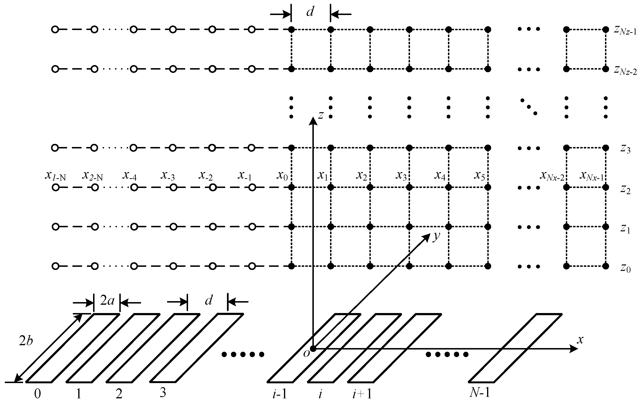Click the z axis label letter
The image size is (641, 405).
[x=321, y=115]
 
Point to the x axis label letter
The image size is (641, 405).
[x=580, y=340]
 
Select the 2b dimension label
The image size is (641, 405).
[x=26, y=341]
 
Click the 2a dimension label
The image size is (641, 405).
[x=107, y=301]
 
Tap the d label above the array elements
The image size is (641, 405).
[x=209, y=301]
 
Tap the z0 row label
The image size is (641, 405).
[x=625, y=268]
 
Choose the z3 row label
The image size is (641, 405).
[x=625, y=149]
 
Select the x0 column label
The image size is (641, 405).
[x=282, y=175]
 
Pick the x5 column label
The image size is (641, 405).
[x=479, y=175]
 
